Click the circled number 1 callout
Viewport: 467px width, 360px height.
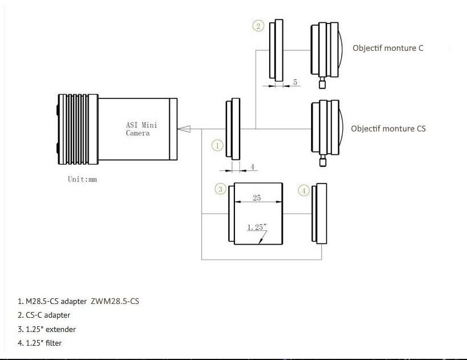coord(217,146)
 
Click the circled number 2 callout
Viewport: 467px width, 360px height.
coord(258,26)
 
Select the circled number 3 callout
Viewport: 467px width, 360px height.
coord(220,189)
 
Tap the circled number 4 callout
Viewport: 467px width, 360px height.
coord(304,190)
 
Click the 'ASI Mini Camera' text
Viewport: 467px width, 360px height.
coord(138,129)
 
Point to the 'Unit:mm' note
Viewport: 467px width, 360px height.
coord(83,178)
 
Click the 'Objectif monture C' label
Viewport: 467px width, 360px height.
coord(388,48)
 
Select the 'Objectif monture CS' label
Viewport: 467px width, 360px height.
coord(388,129)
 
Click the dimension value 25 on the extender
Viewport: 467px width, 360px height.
coord(257,198)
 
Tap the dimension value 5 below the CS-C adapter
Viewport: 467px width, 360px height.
coord(295,82)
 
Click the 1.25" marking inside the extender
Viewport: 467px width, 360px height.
coord(257,227)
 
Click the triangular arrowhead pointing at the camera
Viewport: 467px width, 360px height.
coord(185,129)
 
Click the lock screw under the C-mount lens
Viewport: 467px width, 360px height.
coord(323,84)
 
